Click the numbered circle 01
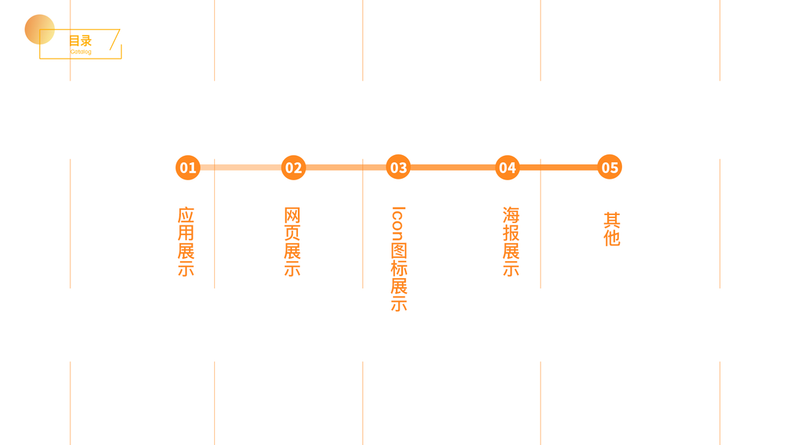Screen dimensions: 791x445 188,168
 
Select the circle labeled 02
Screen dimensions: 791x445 294,168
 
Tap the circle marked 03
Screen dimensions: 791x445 398,168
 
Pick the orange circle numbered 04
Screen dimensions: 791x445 507,168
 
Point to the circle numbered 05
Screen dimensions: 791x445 609,168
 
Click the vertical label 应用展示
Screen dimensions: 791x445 186,242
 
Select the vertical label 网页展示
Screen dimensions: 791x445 292,242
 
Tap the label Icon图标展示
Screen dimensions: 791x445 399,259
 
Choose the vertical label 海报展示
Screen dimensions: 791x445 511,242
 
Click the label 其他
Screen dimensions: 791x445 612,229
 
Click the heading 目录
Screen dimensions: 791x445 80,41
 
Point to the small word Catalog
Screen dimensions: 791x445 81,52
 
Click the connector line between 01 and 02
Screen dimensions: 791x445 240,168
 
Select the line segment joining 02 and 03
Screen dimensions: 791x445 345,168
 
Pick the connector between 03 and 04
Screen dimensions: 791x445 452,168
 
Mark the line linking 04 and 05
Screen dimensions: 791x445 558,168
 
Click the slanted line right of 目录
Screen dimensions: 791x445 115,40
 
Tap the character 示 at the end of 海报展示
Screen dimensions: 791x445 511,268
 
